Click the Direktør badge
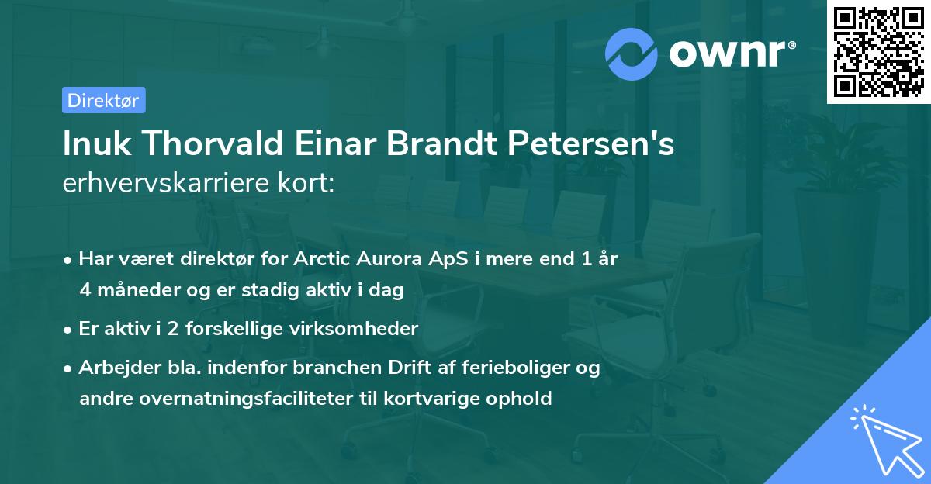click(103, 100)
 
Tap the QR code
click(877, 51)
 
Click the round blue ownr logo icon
click(632, 54)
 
